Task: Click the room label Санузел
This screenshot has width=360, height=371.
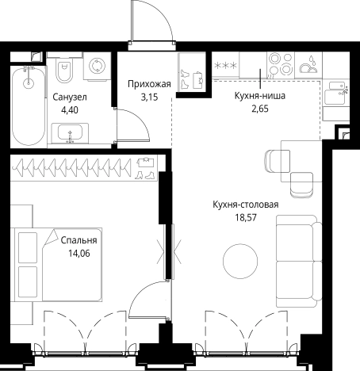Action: (x=70, y=98)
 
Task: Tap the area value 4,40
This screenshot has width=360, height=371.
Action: (x=70, y=109)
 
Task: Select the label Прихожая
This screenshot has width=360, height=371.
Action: (x=149, y=84)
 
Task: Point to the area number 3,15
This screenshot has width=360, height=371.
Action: (x=149, y=97)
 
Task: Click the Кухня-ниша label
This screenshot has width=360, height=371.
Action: (x=260, y=96)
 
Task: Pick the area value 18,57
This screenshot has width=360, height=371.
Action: (x=246, y=217)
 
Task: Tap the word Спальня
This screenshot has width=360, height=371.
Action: (x=79, y=240)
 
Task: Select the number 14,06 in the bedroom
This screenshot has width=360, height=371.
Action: (x=79, y=254)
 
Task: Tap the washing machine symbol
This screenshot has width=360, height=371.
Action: (x=97, y=66)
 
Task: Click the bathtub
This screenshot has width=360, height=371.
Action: (x=29, y=105)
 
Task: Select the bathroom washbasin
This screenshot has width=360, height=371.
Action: (x=70, y=133)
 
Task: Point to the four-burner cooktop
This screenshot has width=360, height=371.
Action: (x=280, y=65)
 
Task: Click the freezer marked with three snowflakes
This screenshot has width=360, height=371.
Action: (x=225, y=65)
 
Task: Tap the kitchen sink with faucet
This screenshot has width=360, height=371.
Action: (x=336, y=93)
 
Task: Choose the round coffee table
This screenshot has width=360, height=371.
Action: (x=240, y=261)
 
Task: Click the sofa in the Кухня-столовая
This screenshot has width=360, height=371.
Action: (x=299, y=261)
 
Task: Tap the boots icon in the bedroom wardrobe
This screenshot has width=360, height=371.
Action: (x=144, y=175)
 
